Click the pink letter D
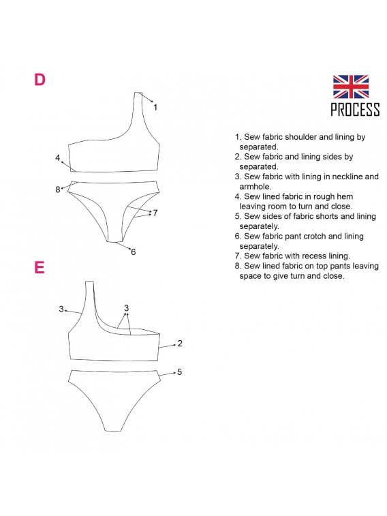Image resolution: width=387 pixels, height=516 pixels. [x=40, y=80]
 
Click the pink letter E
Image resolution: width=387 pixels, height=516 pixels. [x=39, y=267]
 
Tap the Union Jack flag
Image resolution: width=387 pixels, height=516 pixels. [x=350, y=87]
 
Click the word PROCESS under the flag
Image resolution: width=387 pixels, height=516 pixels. [x=355, y=110]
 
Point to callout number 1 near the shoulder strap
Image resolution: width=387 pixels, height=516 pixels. [x=155, y=107]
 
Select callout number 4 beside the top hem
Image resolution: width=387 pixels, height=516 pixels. [x=57, y=158]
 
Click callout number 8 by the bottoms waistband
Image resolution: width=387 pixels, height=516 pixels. [x=57, y=189]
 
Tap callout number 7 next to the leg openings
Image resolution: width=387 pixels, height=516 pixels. [x=155, y=213]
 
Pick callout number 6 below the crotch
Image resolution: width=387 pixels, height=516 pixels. [x=133, y=252]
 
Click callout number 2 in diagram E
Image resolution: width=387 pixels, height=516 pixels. [x=179, y=344]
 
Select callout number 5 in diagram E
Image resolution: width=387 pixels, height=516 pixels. [x=179, y=372]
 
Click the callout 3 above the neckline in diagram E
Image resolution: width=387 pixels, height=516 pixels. [x=126, y=308]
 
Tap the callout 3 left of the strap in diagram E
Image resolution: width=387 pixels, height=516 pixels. [x=61, y=309]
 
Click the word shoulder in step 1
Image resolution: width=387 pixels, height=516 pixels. [x=300, y=137]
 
